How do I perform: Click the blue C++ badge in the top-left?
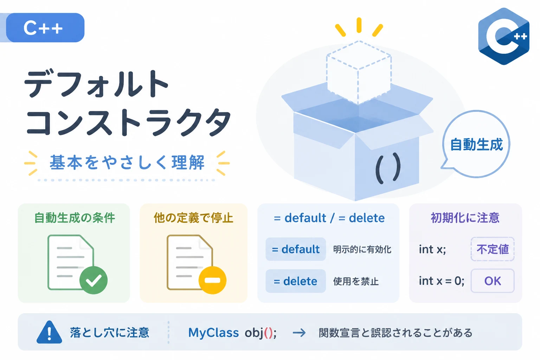point(45,28)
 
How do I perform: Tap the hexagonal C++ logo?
point(503,36)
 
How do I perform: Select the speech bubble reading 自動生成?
point(476,144)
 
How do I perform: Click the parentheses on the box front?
point(388,168)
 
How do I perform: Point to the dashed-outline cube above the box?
point(359,72)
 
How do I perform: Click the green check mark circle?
point(94,280)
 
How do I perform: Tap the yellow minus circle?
point(212,280)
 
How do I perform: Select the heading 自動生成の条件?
point(75,218)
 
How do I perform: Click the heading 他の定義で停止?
point(194,218)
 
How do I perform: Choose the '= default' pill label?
point(296,249)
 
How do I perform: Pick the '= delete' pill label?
point(296,281)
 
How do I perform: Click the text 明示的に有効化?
point(362,250)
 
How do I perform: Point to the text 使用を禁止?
point(356,281)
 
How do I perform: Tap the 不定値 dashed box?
point(493,249)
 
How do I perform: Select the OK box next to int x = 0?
point(493,281)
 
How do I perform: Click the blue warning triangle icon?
point(49,332)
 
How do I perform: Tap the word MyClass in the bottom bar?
point(213,333)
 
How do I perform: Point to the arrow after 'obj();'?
point(299,333)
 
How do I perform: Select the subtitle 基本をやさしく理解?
point(127,162)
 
